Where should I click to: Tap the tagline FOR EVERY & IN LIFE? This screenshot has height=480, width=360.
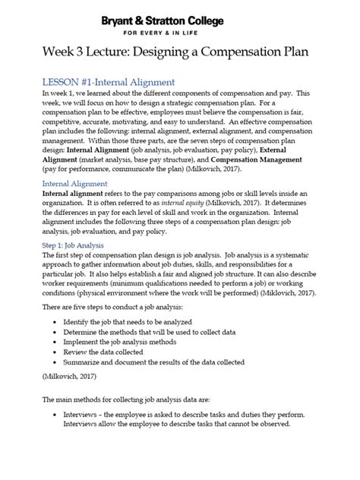pos(180,33)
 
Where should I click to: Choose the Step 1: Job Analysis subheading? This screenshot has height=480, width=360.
pos(62,245)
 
